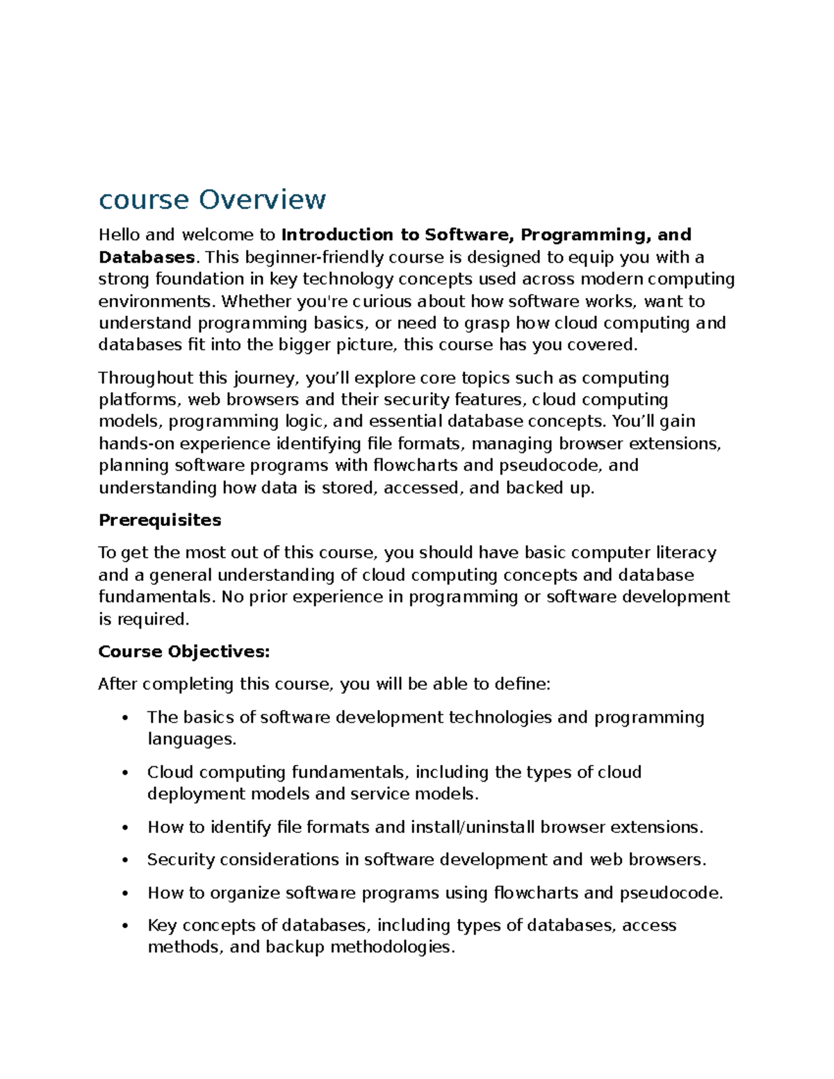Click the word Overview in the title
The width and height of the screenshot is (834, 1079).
[x=262, y=199]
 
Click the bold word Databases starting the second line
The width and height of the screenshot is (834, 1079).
[x=147, y=257]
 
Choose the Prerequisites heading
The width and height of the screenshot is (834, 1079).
[x=160, y=520]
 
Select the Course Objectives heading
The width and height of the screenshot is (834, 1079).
[x=183, y=652]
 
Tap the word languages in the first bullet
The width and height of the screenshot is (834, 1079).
[x=191, y=739]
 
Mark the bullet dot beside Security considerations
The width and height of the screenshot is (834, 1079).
[x=125, y=861]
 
